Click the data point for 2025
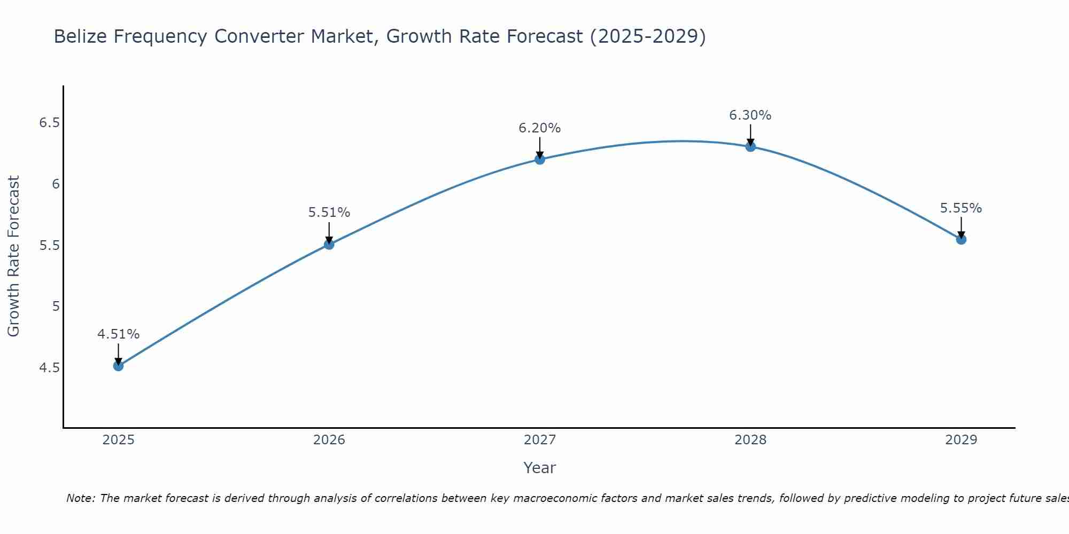pyautogui.click(x=118, y=366)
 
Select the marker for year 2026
pyautogui.click(x=329, y=244)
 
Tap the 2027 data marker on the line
pyautogui.click(x=539, y=159)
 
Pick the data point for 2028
pyautogui.click(x=750, y=146)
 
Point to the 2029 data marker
pyautogui.click(x=961, y=239)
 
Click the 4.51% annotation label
pyautogui.click(x=118, y=334)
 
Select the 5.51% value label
pyautogui.click(x=329, y=213)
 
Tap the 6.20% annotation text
pyautogui.click(x=539, y=128)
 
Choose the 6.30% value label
pyautogui.click(x=750, y=115)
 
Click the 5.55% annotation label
pyautogui.click(x=960, y=208)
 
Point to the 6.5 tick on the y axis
pyautogui.click(x=49, y=123)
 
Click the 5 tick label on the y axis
pyautogui.click(x=56, y=307)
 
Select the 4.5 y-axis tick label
pyautogui.click(x=49, y=368)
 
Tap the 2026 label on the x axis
pyautogui.click(x=329, y=440)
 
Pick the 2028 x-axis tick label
pyautogui.click(x=750, y=440)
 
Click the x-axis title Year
pyautogui.click(x=539, y=468)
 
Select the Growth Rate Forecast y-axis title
pyautogui.click(x=13, y=256)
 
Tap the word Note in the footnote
pyautogui.click(x=80, y=498)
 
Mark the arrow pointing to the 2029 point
pyautogui.click(x=961, y=227)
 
